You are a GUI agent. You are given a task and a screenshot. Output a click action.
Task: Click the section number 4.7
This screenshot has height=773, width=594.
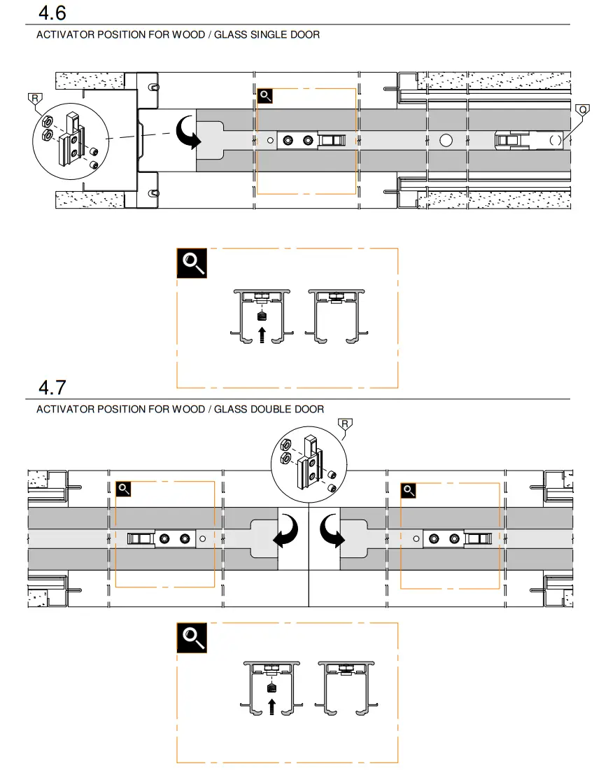coord(53,386)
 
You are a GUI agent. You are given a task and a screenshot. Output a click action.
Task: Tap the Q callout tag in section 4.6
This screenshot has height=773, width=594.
coord(582,110)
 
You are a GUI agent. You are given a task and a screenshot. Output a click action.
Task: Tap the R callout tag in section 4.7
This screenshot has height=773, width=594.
coord(344,423)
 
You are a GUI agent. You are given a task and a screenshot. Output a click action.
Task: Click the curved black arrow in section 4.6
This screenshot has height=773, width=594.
coord(188,132)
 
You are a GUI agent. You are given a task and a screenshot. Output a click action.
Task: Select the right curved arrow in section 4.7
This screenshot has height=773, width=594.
coord(331,530)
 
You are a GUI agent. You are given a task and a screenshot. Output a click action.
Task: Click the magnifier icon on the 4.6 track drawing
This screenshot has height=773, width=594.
coord(265,96)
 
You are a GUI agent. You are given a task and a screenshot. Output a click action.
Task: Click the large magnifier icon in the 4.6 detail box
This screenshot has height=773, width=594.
coord(191,263)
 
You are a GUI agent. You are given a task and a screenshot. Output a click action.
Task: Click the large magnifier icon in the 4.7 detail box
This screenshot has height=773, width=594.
coord(191,636)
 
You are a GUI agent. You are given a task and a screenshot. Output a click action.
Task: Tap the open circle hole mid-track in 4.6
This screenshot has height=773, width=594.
coord(446,140)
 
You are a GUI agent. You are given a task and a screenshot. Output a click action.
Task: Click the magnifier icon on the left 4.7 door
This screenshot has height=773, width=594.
coord(124,489)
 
